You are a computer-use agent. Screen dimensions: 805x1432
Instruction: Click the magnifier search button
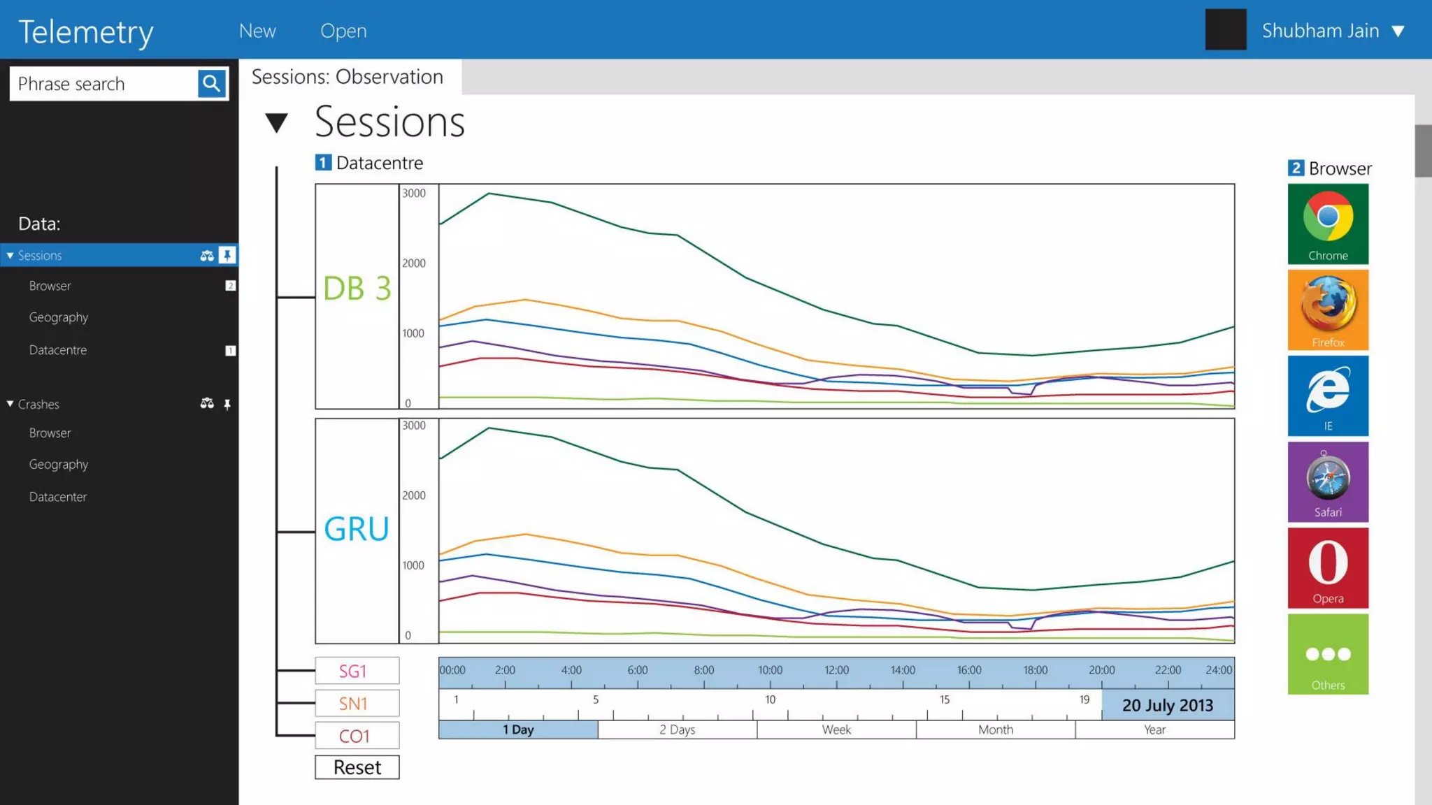pyautogui.click(x=211, y=84)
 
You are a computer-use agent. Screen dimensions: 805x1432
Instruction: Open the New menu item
pyautogui.click(x=257, y=31)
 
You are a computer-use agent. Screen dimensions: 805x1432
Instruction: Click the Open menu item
pyautogui.click(x=343, y=31)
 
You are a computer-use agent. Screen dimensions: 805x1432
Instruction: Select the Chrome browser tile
pyautogui.click(x=1328, y=224)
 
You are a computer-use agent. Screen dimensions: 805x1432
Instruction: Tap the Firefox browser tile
pyautogui.click(x=1328, y=310)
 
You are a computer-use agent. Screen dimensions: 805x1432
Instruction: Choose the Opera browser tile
pyautogui.click(x=1328, y=567)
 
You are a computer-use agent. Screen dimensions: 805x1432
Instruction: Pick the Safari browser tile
pyautogui.click(x=1328, y=481)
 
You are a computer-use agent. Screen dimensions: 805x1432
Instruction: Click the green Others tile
pyautogui.click(x=1328, y=654)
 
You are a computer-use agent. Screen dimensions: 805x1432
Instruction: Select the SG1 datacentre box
pyautogui.click(x=357, y=671)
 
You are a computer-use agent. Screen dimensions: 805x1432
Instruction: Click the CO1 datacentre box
pyautogui.click(x=357, y=736)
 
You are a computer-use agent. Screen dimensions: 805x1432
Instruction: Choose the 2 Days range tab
pyautogui.click(x=677, y=730)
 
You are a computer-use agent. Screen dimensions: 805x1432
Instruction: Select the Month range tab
pyautogui.click(x=996, y=730)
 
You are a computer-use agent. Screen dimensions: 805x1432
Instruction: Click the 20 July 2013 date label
pyautogui.click(x=1168, y=705)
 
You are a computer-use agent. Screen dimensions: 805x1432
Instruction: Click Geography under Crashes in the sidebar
pyautogui.click(x=59, y=465)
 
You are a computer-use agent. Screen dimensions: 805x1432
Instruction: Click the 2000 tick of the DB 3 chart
pyautogui.click(x=414, y=263)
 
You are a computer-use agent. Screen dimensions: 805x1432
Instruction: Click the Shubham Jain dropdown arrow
pyautogui.click(x=1398, y=31)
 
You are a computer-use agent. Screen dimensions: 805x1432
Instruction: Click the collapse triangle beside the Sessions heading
pyautogui.click(x=277, y=123)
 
